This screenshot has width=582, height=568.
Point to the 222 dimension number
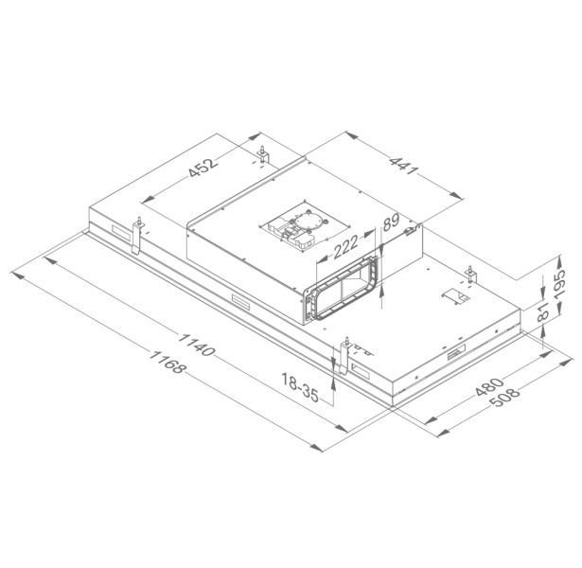coord(345,248)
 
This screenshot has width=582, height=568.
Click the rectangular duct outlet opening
coord(344,293)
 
